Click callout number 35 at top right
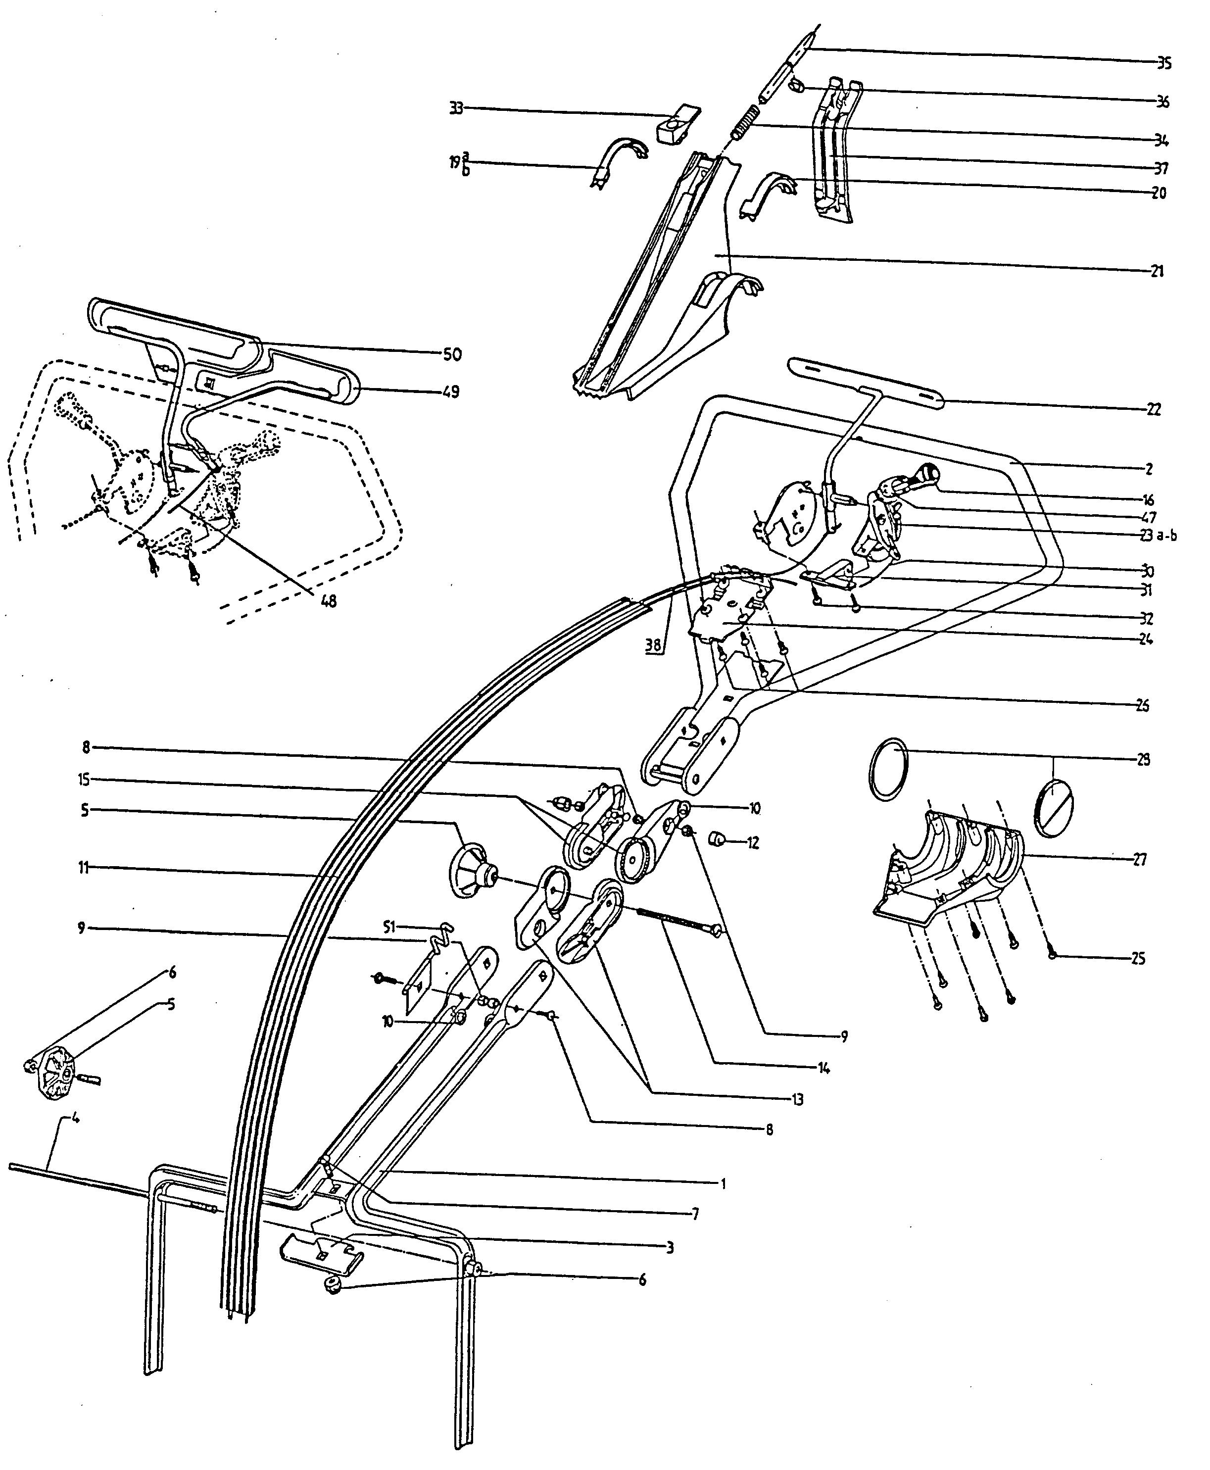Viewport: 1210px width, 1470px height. click(x=1164, y=63)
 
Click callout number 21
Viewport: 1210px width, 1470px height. click(x=1157, y=271)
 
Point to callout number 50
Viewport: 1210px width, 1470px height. click(x=452, y=355)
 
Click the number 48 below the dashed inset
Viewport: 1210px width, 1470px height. click(x=328, y=600)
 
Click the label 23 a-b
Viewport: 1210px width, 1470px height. click(x=1158, y=536)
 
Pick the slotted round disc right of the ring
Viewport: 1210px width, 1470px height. click(x=1054, y=808)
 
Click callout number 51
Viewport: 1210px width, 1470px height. click(x=389, y=927)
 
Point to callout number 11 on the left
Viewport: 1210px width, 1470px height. click(x=83, y=868)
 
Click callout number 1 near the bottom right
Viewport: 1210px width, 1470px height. click(x=723, y=1183)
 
